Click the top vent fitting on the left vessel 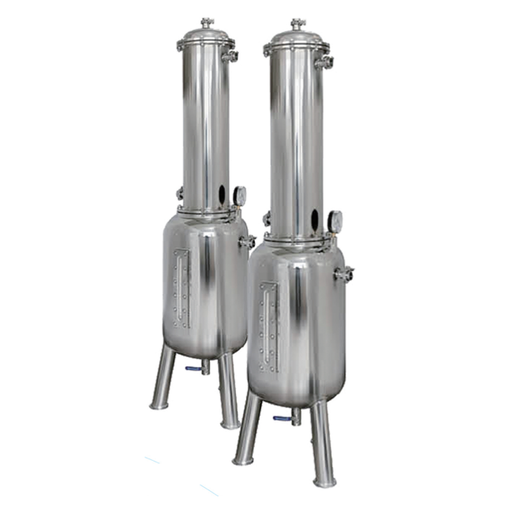tap(208, 23)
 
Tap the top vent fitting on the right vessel tap(297, 24)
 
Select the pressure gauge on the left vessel tap(239, 195)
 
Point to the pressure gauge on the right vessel tap(335, 222)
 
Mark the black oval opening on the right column tap(314, 220)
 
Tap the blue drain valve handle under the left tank tap(191, 368)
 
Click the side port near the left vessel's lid tap(230, 56)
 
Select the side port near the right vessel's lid tap(324, 62)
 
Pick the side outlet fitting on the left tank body tap(248, 241)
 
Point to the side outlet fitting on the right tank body tap(343, 274)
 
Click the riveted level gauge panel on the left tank tap(182, 288)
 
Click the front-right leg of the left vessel tap(228, 391)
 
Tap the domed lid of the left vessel tap(207, 36)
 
